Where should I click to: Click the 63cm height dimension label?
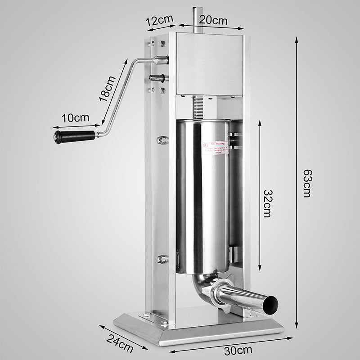click(307, 184)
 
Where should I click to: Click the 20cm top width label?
click(213, 20)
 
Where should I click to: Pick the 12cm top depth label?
click(158, 21)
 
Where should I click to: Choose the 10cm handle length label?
click(75, 118)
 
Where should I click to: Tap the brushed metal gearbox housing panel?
click(211, 63)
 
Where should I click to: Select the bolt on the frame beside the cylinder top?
click(161, 140)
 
